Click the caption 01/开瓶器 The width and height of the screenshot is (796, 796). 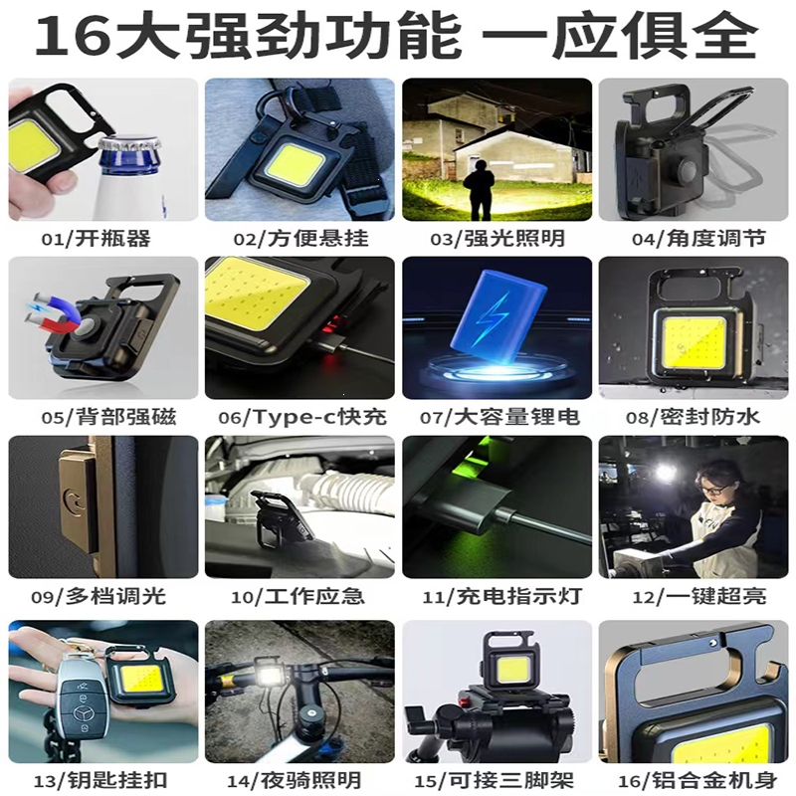[x=96, y=238]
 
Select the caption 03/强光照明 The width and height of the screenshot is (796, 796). [x=497, y=238]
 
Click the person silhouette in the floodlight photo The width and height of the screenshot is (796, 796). [x=478, y=189]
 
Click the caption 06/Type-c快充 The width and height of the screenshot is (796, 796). [x=302, y=417]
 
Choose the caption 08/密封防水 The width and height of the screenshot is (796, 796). [x=693, y=417]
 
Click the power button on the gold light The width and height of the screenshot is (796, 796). [x=75, y=501]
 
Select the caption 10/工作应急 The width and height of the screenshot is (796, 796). [x=298, y=596]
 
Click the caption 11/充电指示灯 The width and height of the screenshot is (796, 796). [x=501, y=596]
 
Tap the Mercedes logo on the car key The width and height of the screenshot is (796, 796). [x=82, y=714]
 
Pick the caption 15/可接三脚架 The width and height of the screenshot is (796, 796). [x=495, y=781]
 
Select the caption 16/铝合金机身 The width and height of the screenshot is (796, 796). [x=698, y=781]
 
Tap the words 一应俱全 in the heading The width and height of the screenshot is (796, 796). [x=619, y=36]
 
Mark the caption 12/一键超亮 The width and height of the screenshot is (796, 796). [x=699, y=596]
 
